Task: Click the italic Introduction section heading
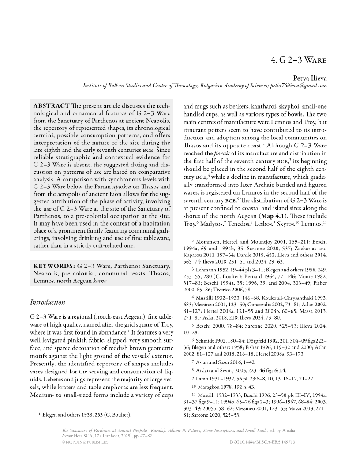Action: [47, 302]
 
